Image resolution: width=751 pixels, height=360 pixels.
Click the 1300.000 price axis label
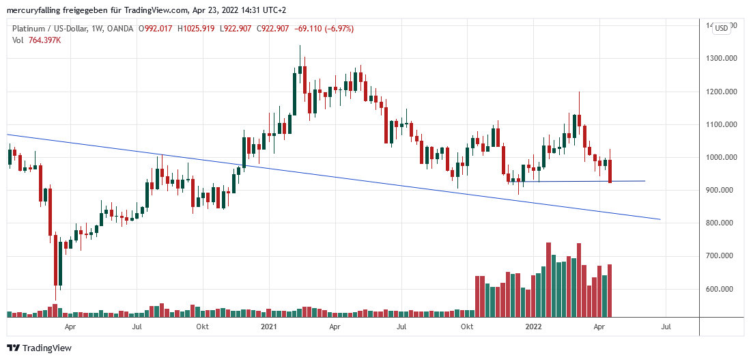723,59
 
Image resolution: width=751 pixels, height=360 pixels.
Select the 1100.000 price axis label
723,125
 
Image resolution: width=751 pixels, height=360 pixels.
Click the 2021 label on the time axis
269,327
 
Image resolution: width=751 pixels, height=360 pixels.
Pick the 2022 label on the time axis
534,327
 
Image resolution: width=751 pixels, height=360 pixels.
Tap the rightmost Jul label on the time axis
666,327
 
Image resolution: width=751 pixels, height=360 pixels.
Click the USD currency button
721,28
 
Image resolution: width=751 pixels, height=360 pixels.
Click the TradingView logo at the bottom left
39,348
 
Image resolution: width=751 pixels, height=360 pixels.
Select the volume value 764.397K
44,40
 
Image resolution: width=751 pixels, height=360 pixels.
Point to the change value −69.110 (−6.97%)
324,29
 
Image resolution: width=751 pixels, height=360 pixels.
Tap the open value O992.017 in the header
156,29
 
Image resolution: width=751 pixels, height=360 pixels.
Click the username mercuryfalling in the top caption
34,10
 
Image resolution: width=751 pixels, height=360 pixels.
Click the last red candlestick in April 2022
610,171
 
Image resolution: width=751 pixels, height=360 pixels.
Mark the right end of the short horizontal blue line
644,181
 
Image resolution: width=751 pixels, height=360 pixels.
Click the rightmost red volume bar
610,290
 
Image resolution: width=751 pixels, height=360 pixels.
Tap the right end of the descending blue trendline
660,219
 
